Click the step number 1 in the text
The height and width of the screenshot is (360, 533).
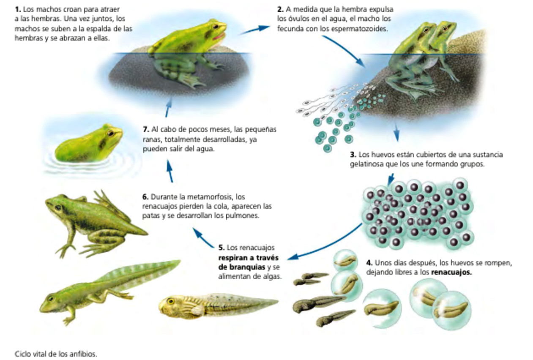[x=18, y=10]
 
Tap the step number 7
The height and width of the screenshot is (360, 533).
[x=146, y=129]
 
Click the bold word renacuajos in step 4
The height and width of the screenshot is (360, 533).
[x=451, y=272]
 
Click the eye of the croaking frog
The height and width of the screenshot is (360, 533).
[x=216, y=26]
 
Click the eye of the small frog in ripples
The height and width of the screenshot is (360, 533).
[x=110, y=133]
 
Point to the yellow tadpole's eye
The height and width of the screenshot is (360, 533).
[x=171, y=301]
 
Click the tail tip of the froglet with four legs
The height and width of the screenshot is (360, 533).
[x=147, y=234]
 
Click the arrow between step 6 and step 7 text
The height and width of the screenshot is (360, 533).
[x=169, y=171]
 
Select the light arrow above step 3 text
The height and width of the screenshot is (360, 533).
[x=396, y=132]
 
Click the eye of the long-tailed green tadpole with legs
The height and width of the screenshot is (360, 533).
[x=51, y=298]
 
